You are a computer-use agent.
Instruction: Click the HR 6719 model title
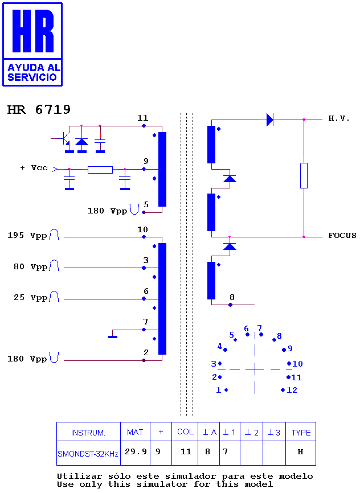coord(39,110)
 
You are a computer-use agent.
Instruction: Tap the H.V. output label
coord(339,118)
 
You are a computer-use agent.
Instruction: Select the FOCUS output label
coord(342,236)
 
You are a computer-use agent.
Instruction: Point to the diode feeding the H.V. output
coord(270,120)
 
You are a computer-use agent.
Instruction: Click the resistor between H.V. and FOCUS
coord(304,175)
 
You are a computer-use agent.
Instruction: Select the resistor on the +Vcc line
coord(100,170)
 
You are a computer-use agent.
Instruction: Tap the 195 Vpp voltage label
coord(27,236)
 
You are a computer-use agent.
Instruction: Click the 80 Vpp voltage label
coord(31,266)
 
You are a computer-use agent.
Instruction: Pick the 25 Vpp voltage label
coord(31,297)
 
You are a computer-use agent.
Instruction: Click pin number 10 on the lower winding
coord(142,229)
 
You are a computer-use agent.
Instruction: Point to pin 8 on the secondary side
coord(232,297)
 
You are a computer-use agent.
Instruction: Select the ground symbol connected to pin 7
coord(113,337)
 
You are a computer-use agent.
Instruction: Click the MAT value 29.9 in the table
coord(136,451)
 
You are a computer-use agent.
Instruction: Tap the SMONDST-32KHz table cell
coord(88,454)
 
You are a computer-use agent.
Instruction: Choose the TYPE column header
coord(301,433)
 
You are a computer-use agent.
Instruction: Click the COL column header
coord(185,432)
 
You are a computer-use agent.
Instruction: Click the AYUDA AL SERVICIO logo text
coord(32,72)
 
